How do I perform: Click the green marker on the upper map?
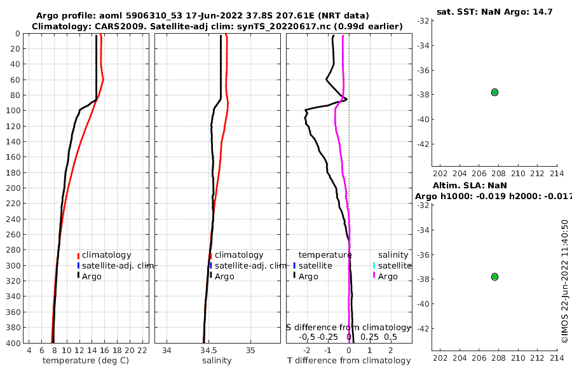coord(494,92)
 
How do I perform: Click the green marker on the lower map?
coord(494,277)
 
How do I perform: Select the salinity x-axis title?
coord(217,361)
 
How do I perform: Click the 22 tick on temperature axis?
coord(142,350)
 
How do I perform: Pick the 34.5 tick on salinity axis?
coord(208,350)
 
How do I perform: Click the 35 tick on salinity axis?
coord(250,350)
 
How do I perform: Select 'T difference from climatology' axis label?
coord(349,361)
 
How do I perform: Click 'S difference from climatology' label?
coord(348,327)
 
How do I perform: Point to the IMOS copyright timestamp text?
coord(564,282)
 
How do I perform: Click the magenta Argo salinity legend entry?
coord(385,276)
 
